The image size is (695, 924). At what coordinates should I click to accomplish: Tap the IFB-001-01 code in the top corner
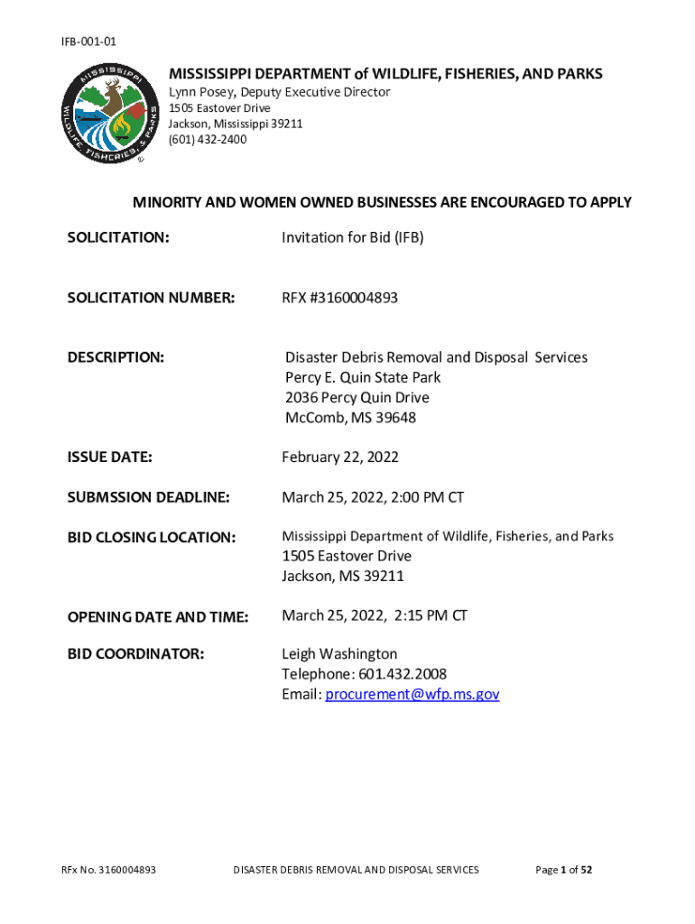pyautogui.click(x=88, y=42)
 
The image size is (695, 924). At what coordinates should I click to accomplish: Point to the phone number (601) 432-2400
pyautogui.click(x=208, y=139)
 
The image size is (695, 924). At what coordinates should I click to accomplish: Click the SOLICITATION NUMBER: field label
pyautogui.click(x=151, y=298)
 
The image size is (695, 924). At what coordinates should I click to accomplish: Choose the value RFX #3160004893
pyautogui.click(x=339, y=298)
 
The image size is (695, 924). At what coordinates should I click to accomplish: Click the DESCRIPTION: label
pyautogui.click(x=116, y=357)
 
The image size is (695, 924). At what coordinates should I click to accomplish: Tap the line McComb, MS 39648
pyautogui.click(x=350, y=418)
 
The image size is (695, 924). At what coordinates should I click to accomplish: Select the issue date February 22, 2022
pyautogui.click(x=340, y=457)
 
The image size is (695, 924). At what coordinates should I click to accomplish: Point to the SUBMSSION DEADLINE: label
pyautogui.click(x=149, y=497)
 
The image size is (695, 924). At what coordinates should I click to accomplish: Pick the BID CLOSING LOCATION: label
pyautogui.click(x=152, y=537)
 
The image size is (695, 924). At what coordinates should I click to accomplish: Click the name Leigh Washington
pyautogui.click(x=339, y=653)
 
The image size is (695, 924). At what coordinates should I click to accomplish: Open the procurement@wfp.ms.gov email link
pyautogui.click(x=412, y=694)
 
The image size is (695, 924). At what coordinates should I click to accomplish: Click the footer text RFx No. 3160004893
pyautogui.click(x=108, y=870)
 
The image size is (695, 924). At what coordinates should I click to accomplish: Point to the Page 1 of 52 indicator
pyautogui.click(x=564, y=870)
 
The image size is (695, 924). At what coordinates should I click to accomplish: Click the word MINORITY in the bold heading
pyautogui.click(x=168, y=202)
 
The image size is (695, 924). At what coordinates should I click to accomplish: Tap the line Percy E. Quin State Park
pyautogui.click(x=363, y=377)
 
